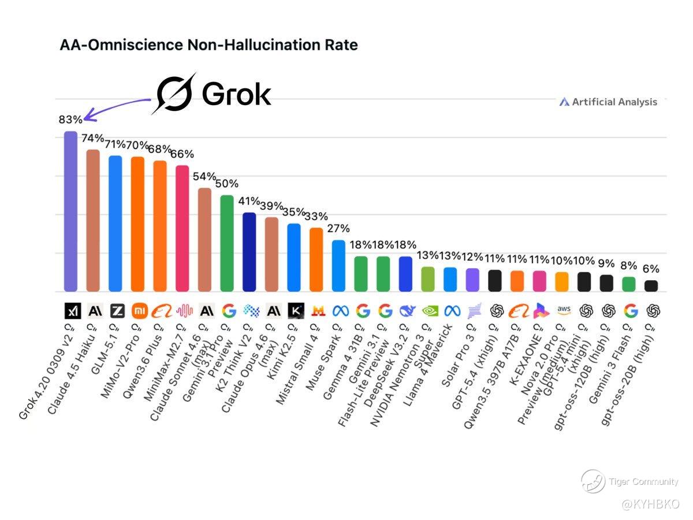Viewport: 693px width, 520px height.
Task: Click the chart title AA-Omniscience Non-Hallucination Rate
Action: coord(208,45)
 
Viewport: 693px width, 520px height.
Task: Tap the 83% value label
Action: coord(70,120)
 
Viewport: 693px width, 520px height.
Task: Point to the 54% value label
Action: coord(204,176)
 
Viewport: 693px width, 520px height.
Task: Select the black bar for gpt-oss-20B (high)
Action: coord(651,285)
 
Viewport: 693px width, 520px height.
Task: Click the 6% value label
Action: coord(651,269)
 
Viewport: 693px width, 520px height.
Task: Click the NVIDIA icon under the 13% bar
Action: coord(429,311)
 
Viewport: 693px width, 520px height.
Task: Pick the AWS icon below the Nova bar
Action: coord(564,310)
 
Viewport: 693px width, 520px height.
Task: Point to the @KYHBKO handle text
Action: coord(650,505)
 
